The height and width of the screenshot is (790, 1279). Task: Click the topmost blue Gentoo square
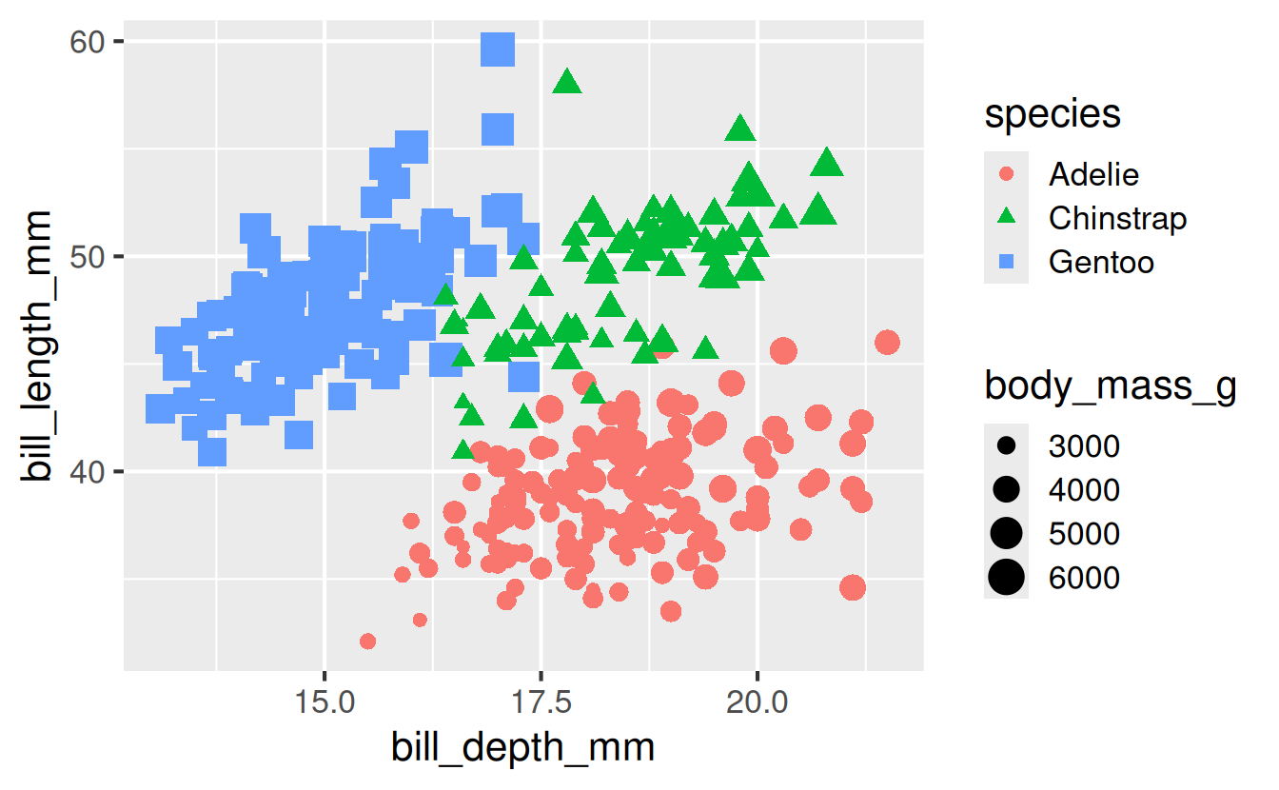(x=498, y=49)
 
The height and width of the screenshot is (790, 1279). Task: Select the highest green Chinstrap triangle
(x=567, y=82)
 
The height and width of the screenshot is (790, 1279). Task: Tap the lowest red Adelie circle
(x=367, y=642)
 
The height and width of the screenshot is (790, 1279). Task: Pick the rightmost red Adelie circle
(x=887, y=343)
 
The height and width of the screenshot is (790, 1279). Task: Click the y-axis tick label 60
(x=88, y=42)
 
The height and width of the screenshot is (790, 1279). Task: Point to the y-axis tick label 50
(x=88, y=257)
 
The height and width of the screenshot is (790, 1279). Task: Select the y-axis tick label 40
(x=88, y=472)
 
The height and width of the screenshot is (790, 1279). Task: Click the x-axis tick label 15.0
(x=325, y=701)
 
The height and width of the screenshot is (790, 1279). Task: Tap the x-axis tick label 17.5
(x=541, y=701)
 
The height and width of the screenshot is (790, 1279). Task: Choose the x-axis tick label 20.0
(x=758, y=701)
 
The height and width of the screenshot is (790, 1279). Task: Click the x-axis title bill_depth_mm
(x=522, y=747)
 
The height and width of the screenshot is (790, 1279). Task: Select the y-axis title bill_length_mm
(x=35, y=346)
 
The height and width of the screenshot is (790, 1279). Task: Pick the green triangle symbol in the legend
(x=1006, y=216)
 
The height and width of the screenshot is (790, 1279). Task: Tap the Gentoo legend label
(x=1101, y=262)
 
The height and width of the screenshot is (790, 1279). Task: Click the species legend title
(x=1053, y=114)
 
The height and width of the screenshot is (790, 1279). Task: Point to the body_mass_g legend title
(x=1111, y=386)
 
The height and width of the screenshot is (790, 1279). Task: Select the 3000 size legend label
(x=1084, y=445)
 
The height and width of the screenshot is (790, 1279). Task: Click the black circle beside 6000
(x=1006, y=577)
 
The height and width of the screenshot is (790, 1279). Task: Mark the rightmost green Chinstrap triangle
(x=826, y=162)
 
